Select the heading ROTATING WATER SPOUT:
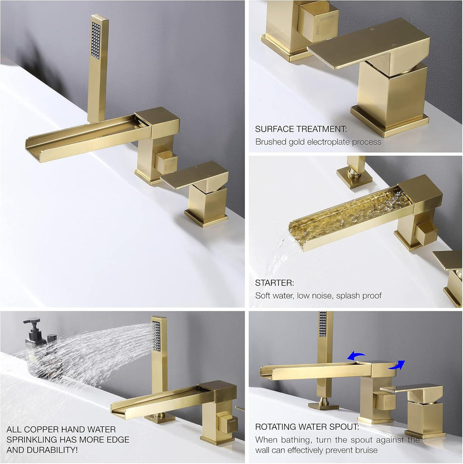[307, 427]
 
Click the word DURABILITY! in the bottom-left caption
[56, 450]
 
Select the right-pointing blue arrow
[397, 365]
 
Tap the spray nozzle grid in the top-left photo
[95, 41]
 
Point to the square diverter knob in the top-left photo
[166, 162]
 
